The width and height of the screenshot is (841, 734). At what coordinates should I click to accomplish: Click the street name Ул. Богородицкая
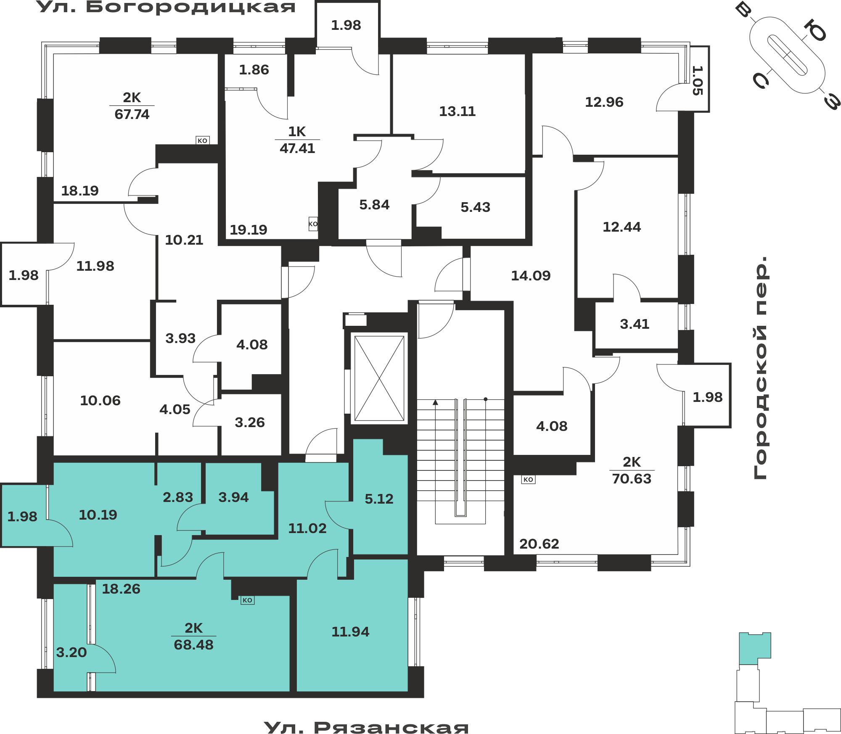[166, 7]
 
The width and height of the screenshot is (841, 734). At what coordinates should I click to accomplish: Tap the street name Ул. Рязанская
[366, 727]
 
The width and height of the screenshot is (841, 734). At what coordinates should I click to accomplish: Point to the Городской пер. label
[761, 367]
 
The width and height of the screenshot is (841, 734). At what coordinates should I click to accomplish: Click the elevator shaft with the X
[379, 378]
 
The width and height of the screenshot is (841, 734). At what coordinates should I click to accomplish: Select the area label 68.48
[194, 644]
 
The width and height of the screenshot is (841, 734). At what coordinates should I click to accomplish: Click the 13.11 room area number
[457, 111]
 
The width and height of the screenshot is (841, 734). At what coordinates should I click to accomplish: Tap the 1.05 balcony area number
[697, 80]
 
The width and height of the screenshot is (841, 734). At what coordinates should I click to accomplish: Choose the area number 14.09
[531, 276]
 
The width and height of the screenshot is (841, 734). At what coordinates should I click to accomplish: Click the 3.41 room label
[635, 324]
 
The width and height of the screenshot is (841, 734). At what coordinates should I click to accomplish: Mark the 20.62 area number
[539, 544]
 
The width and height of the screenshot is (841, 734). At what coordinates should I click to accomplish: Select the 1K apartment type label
[297, 132]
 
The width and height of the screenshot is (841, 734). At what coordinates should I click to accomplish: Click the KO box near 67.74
[203, 140]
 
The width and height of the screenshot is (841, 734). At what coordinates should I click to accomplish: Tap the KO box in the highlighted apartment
[248, 600]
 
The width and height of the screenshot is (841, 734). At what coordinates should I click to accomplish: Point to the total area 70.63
[632, 479]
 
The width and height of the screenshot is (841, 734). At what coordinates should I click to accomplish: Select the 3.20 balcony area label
[71, 652]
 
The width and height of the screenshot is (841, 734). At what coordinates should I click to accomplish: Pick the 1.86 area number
[254, 70]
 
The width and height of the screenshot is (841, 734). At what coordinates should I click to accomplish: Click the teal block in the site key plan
[754, 648]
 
